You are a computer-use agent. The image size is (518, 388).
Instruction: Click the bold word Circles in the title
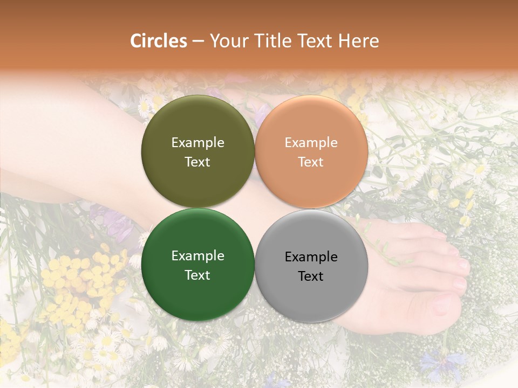158,41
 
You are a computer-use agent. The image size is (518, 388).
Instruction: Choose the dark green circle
197,265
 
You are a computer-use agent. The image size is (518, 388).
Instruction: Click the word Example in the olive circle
197,143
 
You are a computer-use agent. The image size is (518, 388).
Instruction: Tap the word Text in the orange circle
311,162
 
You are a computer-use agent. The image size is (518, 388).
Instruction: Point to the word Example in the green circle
197,256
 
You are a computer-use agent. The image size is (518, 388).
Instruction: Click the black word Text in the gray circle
311,276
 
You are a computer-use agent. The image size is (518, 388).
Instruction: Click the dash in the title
198,41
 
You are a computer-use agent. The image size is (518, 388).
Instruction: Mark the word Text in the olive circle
197,162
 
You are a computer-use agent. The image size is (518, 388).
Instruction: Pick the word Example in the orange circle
311,143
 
